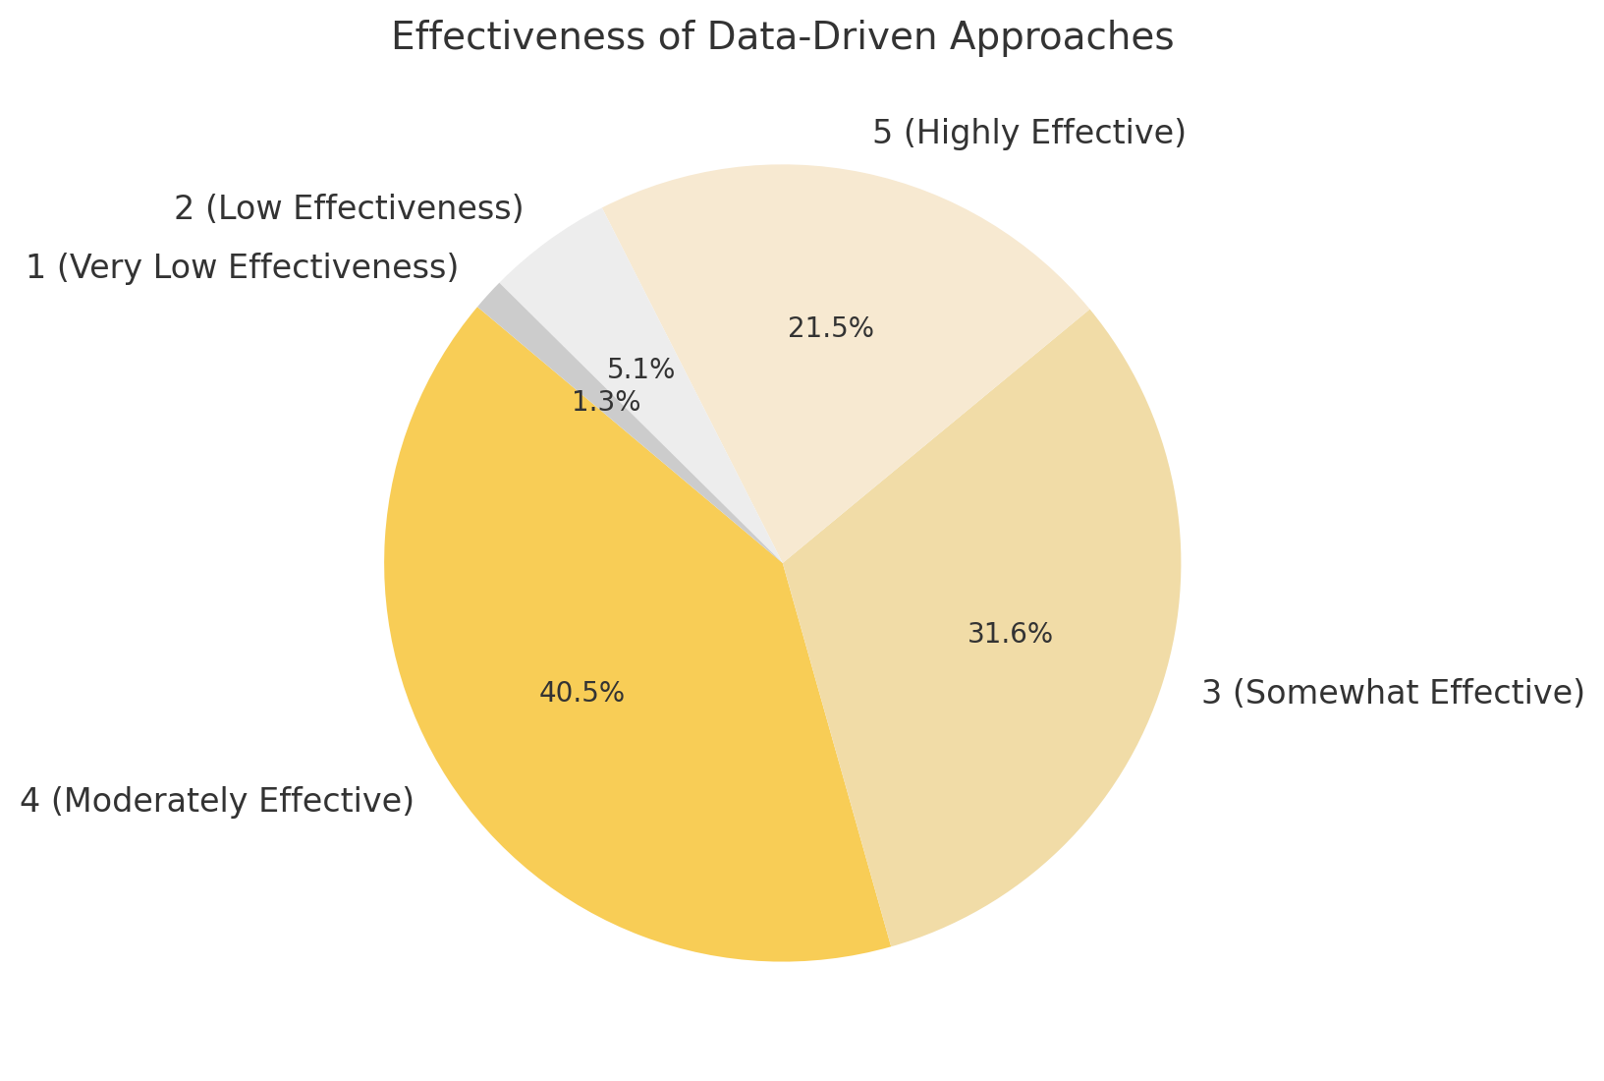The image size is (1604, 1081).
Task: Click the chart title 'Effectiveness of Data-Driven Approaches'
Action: pos(782,37)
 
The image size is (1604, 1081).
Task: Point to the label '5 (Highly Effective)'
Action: pos(1028,132)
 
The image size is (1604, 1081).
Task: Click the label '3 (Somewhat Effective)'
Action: pos(1393,693)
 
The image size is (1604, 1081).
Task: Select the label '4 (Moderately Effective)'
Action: pos(217,801)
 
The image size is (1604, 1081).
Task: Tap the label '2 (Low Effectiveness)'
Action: pos(349,208)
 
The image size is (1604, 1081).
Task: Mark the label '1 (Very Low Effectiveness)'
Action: pos(242,267)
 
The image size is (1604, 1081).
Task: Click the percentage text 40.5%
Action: pos(581,693)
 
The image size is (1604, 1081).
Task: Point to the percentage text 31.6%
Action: pos(1010,634)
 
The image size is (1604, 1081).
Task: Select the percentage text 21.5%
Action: pos(830,328)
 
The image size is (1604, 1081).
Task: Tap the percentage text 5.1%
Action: pos(640,370)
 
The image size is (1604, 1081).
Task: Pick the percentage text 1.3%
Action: pos(606,402)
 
